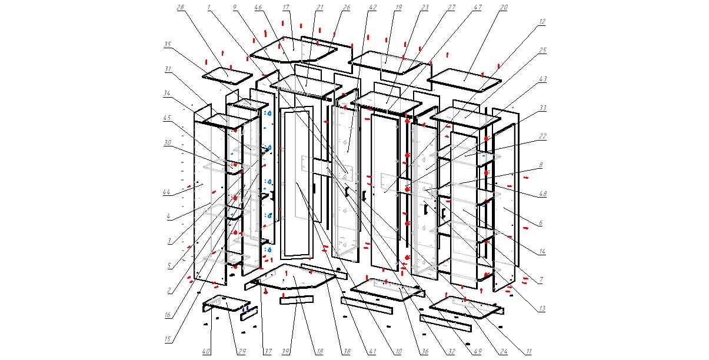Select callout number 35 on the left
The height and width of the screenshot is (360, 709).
click(x=168, y=44)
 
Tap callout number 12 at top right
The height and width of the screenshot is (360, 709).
click(x=541, y=22)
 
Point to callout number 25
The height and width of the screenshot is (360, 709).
click(x=542, y=51)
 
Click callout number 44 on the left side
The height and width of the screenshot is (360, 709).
click(x=167, y=192)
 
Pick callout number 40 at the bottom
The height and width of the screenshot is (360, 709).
click(x=206, y=352)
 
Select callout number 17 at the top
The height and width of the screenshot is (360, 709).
click(x=286, y=7)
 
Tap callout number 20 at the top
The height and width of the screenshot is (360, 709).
click(x=504, y=7)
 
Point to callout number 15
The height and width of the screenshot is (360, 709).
click(x=168, y=339)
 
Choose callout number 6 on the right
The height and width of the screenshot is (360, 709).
click(x=541, y=223)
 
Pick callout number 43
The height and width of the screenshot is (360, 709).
click(x=542, y=79)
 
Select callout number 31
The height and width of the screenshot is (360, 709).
click(x=168, y=69)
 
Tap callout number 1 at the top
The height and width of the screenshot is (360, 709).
click(x=209, y=7)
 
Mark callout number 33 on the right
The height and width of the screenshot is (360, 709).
click(x=542, y=108)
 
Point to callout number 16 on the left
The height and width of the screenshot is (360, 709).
click(x=168, y=315)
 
